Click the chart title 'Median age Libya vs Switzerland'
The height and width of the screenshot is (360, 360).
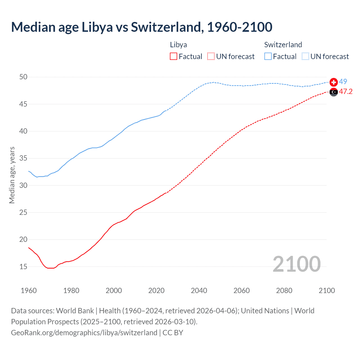(141, 27)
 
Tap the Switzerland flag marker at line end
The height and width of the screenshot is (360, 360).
(334, 82)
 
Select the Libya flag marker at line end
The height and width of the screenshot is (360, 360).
(334, 92)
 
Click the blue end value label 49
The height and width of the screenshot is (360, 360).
(343, 82)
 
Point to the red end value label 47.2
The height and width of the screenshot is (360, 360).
(346, 92)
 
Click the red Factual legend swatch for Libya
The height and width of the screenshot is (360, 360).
(174, 57)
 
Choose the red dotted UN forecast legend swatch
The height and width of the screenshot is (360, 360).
(211, 57)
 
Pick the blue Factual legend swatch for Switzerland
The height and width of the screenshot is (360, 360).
(268, 57)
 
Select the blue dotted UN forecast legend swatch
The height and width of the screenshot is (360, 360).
(305, 57)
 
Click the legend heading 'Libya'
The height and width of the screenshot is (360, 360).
(178, 45)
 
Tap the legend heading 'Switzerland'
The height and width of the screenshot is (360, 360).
(283, 45)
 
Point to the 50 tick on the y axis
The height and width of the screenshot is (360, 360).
(23, 77)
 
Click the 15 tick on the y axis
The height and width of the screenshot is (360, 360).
(23, 267)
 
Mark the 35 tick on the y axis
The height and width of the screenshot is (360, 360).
(23, 158)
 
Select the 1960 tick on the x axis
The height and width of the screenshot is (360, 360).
(29, 291)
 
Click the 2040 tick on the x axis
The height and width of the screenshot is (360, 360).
(199, 291)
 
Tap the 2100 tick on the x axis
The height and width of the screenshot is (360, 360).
(327, 291)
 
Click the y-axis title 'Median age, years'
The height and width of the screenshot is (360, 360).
(12, 175)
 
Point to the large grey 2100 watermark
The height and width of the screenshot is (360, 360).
(296, 264)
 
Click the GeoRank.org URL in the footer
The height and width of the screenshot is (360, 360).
(84, 333)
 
